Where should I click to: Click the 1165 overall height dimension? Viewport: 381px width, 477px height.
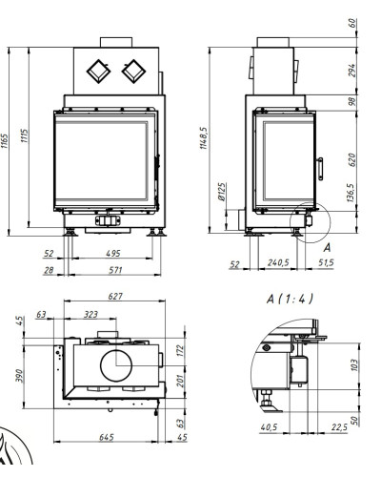point(5,141)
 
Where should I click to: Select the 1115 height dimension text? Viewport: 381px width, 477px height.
point(25,135)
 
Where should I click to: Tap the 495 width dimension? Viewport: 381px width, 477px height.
point(113,253)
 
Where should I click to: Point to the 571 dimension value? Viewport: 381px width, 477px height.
point(115,270)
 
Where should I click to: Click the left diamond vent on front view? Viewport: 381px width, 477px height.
point(98,72)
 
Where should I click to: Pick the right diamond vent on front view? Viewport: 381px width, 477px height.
point(133,72)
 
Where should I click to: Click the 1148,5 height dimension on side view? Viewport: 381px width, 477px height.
point(204,138)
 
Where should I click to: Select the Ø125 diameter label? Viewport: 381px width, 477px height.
point(222,192)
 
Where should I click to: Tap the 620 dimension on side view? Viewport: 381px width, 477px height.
point(351,159)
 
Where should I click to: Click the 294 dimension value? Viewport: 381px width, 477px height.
point(351,71)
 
